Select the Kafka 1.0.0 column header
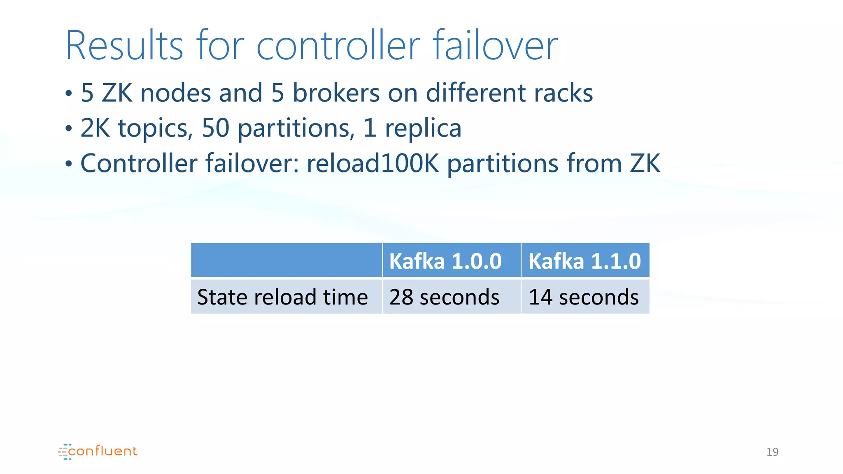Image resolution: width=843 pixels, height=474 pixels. pyautogui.click(x=445, y=261)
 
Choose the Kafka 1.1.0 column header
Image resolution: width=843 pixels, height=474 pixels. pyautogui.click(x=585, y=261)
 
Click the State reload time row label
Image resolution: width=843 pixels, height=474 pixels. pyautogui.click(x=282, y=297)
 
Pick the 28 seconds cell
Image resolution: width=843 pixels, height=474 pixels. pyautogui.click(x=444, y=297)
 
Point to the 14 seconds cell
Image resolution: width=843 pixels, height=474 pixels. pyautogui.click(x=584, y=297)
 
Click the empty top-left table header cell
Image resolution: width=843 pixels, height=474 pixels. pyautogui.click(x=286, y=260)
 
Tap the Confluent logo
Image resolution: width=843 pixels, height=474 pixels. pyautogui.click(x=98, y=451)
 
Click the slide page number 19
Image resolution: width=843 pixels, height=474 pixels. pyautogui.click(x=772, y=452)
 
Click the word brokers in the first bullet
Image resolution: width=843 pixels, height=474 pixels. pyautogui.click(x=336, y=93)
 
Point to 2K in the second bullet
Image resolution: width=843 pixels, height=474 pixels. pyautogui.click(x=95, y=128)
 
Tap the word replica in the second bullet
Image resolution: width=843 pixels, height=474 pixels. pyautogui.click(x=423, y=128)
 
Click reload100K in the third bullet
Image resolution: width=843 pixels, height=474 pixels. pyautogui.click(x=373, y=163)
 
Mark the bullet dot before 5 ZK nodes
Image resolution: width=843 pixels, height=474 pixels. pyautogui.click(x=69, y=94)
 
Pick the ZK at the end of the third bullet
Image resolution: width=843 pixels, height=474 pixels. pyautogui.click(x=645, y=163)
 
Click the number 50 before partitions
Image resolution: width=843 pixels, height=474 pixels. pyautogui.click(x=215, y=128)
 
